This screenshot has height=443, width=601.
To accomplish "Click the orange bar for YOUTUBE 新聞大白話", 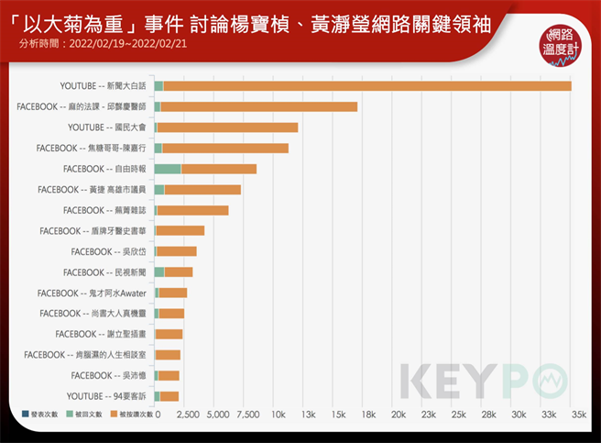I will click(366, 86).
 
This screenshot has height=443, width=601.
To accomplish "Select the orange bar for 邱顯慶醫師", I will click(258, 107).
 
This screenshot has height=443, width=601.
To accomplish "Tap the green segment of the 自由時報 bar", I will click(167, 169).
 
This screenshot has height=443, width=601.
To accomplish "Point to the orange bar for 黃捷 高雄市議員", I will click(202, 190).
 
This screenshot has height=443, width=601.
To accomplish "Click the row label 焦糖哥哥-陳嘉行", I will click(92, 148).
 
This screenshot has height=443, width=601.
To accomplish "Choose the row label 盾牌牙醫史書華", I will click(94, 231).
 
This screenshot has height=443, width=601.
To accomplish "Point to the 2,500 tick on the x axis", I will click(188, 415).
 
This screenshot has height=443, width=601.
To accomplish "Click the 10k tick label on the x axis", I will click(278, 415).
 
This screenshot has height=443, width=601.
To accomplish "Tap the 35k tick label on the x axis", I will click(579, 415).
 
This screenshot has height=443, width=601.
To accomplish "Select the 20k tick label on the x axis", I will click(398, 415).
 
